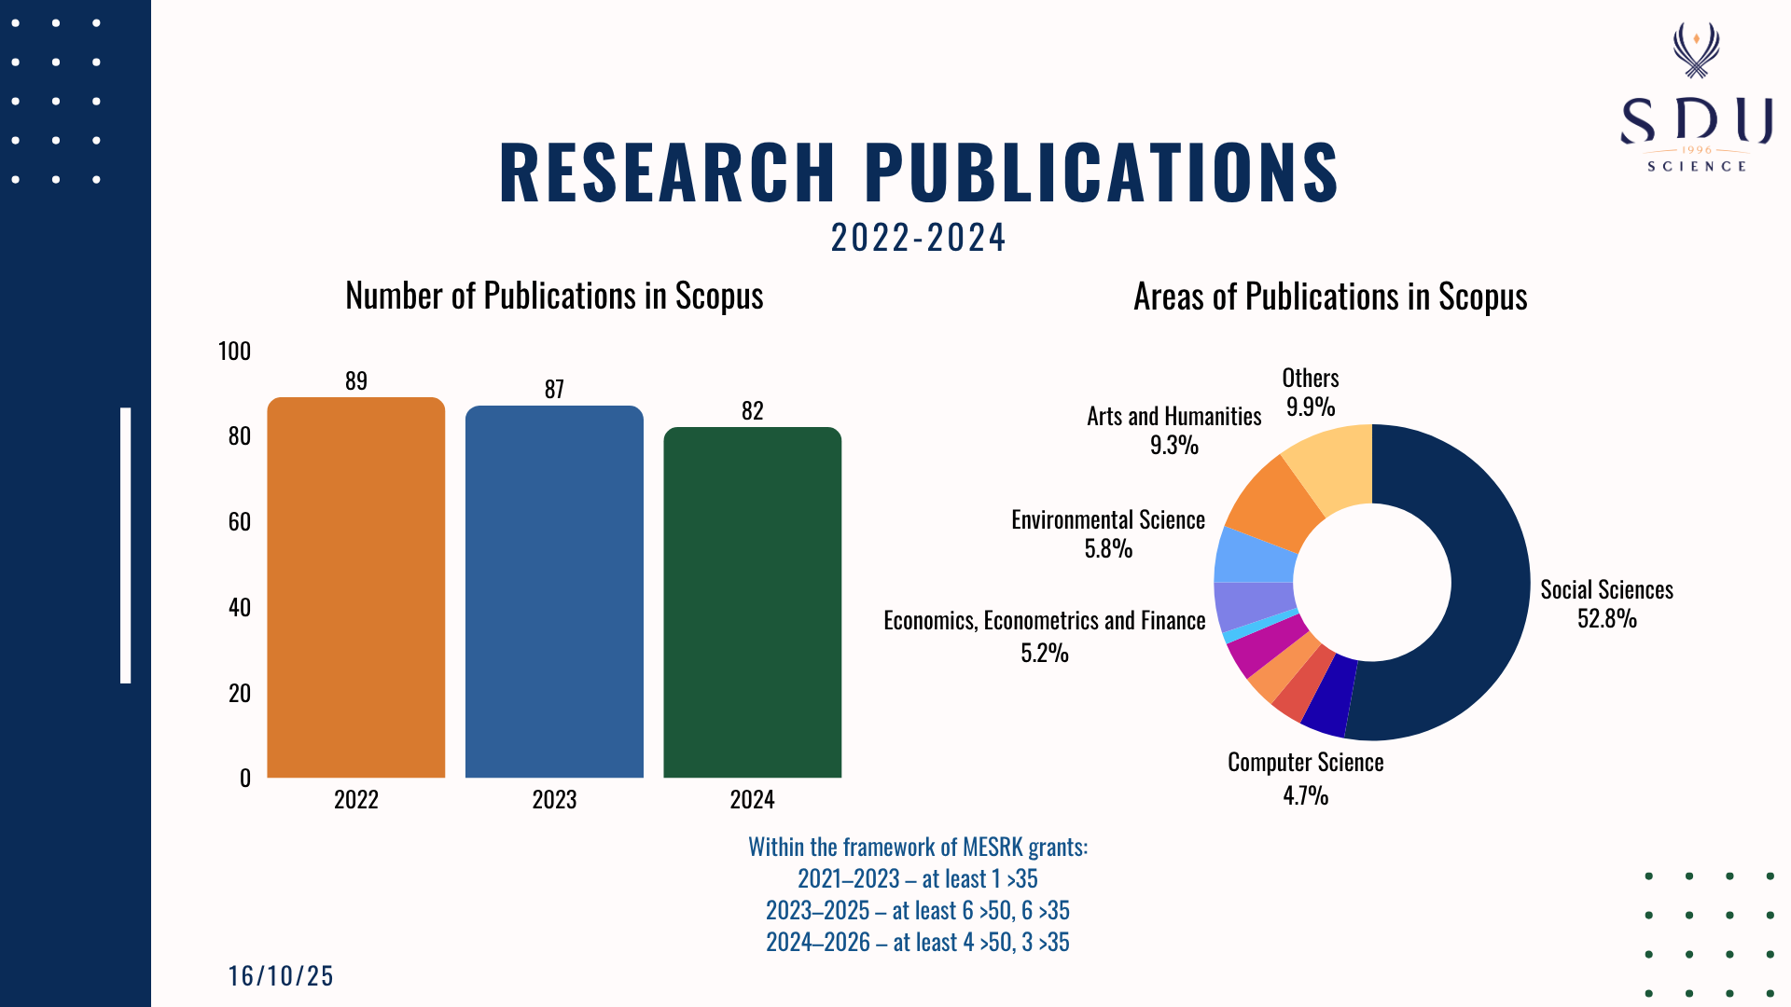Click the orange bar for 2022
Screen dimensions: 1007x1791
(355, 587)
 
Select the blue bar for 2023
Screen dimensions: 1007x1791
(554, 592)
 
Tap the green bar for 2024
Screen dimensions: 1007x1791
(752, 602)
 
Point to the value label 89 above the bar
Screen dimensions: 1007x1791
(355, 380)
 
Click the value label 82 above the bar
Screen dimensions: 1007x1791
(752, 410)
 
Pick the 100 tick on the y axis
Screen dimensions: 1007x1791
(234, 351)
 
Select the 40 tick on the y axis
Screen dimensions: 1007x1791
(239, 607)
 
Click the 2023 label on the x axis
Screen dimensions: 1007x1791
(554, 799)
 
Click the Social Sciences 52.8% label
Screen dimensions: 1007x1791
(1606, 603)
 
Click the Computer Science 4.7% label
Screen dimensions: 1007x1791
(1305, 778)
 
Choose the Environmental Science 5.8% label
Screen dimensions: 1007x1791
(1108, 533)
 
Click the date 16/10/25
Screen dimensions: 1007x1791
(281, 975)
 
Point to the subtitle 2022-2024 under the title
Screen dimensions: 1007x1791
(918, 238)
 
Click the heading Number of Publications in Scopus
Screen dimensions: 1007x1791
(554, 296)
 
